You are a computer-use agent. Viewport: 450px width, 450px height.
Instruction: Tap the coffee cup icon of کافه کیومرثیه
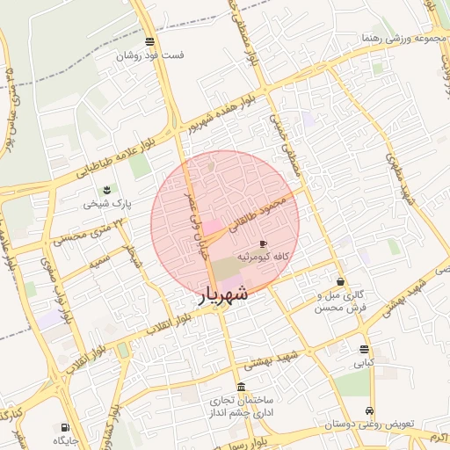click(x=263, y=243)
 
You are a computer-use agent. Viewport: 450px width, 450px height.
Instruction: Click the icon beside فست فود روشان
click(x=150, y=42)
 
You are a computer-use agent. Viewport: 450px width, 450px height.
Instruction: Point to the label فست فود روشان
click(x=153, y=54)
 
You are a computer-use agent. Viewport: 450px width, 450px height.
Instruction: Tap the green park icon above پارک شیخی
click(x=107, y=190)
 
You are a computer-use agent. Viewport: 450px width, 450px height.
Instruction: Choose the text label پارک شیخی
click(x=107, y=203)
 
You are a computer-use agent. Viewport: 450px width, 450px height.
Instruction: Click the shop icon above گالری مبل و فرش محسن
click(x=340, y=282)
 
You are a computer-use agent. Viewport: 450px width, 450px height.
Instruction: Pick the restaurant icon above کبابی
click(x=364, y=349)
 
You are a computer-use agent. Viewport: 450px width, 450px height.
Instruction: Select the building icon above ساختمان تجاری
click(x=242, y=388)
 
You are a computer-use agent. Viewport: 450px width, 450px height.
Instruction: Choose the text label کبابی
click(x=364, y=361)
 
